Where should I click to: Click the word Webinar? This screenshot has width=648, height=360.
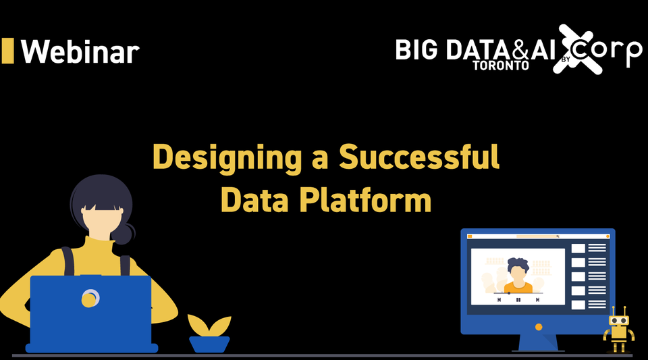80,51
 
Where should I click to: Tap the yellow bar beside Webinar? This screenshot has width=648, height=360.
8,51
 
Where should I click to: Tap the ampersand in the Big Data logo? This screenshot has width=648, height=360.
518,50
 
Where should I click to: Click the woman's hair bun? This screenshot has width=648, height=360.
124,233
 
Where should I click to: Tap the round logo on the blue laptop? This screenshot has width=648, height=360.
90,297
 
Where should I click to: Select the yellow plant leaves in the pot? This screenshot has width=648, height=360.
209,326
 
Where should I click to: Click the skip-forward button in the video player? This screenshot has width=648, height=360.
537,299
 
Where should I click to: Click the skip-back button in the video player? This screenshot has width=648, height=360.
499,299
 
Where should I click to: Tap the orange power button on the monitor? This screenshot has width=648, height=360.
539,327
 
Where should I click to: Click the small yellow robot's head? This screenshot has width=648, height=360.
619,319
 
